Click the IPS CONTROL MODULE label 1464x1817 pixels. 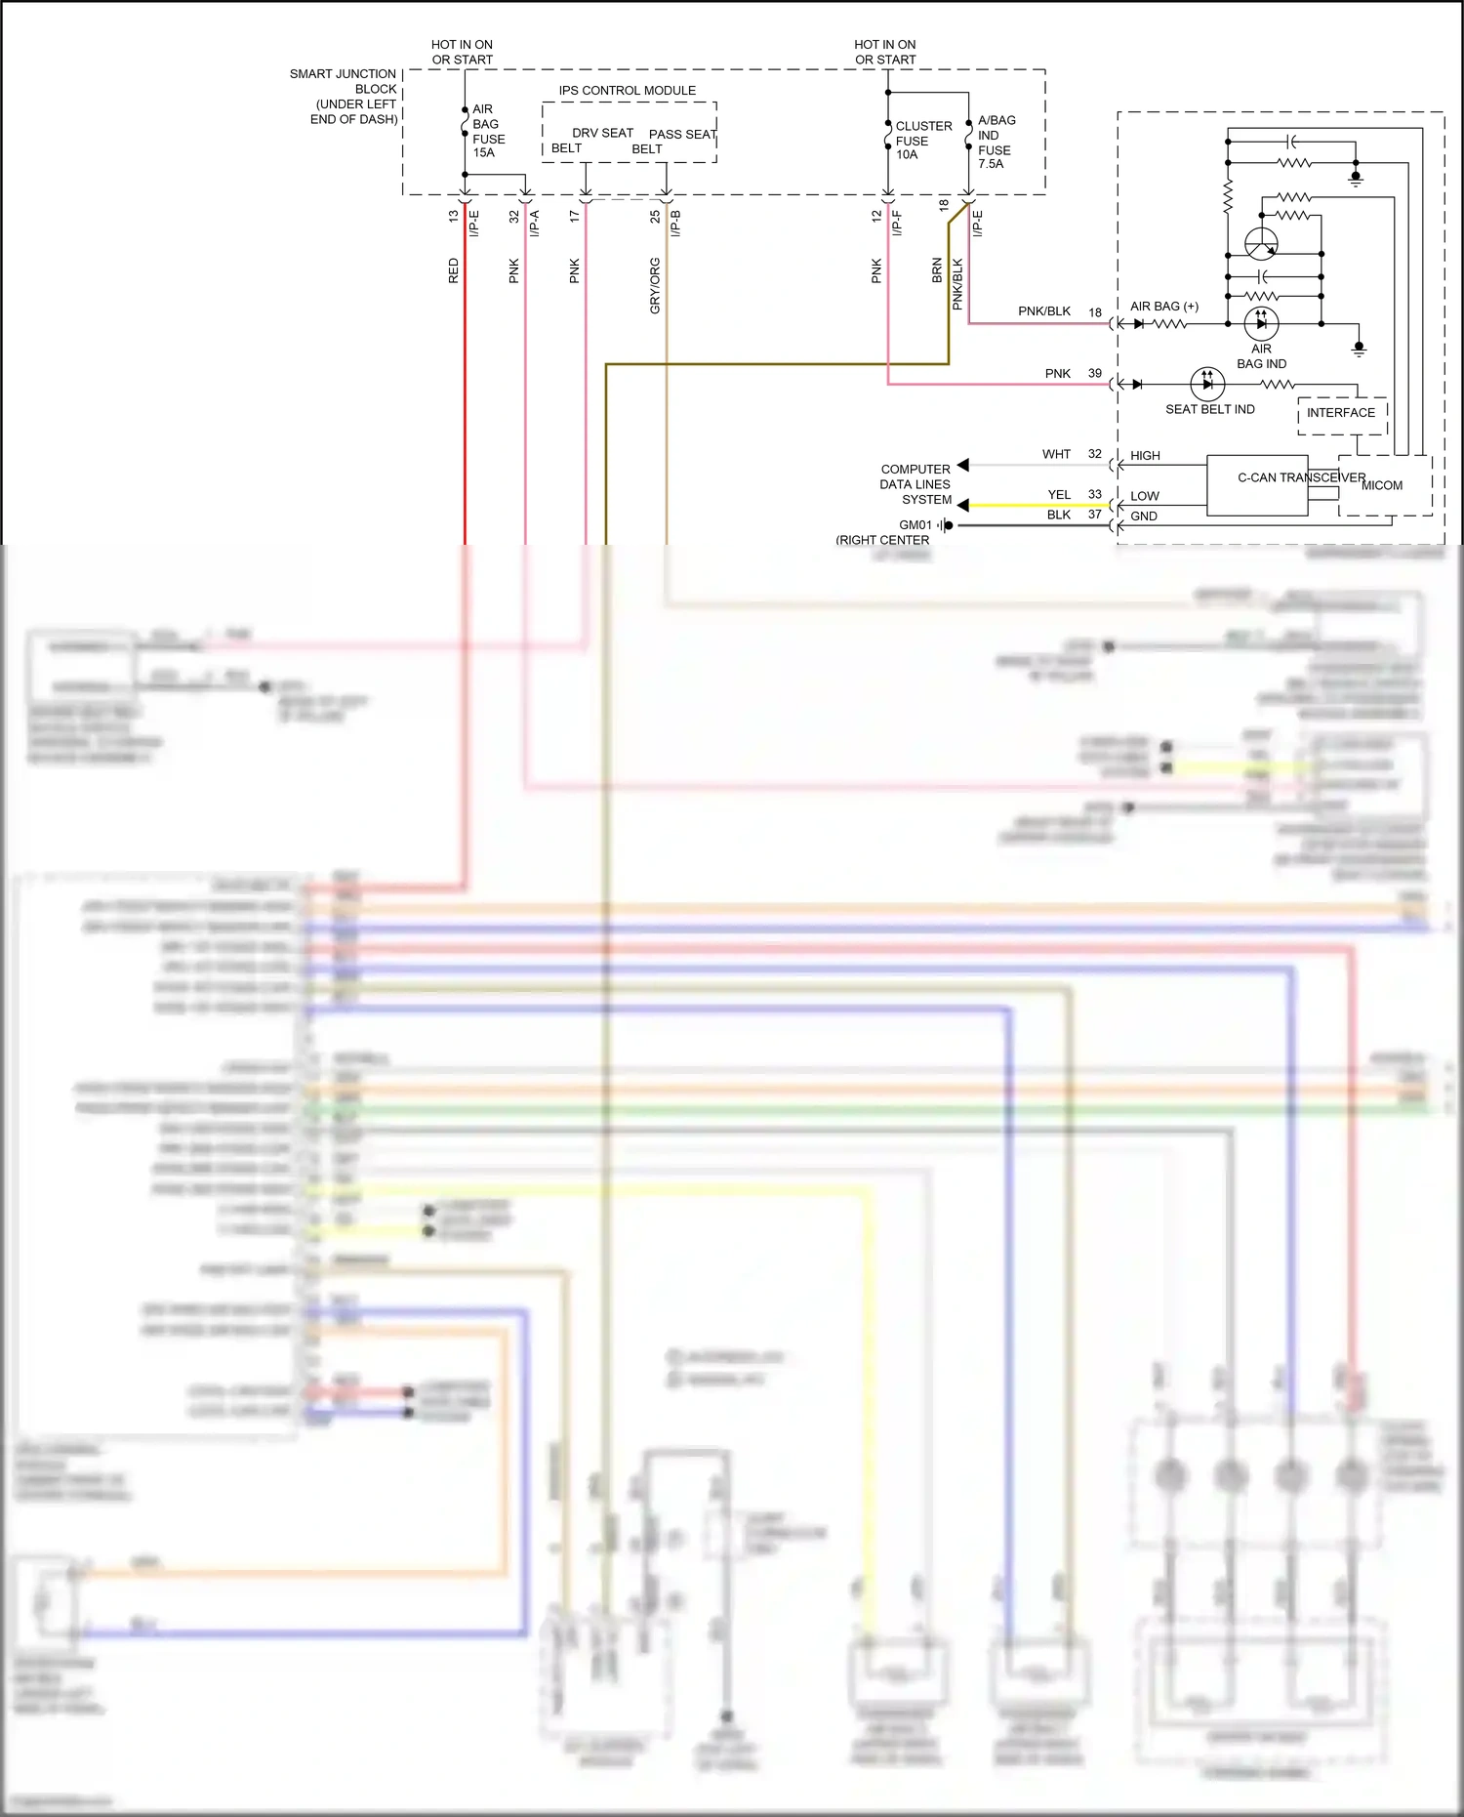point(627,91)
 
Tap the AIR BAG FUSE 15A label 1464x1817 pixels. point(488,131)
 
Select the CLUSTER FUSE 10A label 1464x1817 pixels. point(922,140)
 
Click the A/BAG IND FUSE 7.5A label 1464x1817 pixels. point(996,142)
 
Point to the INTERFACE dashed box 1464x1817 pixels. point(1341,414)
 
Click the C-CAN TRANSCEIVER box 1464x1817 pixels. point(1257,485)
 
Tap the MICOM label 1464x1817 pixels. point(1382,485)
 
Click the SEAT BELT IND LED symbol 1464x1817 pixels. point(1207,384)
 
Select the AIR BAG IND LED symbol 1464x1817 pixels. point(1261,323)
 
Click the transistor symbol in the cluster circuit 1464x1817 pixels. point(1261,243)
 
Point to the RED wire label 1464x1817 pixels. point(453,270)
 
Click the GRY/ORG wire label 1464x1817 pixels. point(655,285)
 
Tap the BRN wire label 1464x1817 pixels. point(937,270)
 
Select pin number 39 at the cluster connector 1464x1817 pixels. point(1094,374)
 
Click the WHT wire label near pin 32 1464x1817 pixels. point(1056,455)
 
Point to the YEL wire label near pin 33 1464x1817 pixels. point(1059,495)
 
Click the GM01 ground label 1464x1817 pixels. point(915,525)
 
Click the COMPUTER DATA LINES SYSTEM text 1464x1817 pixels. point(915,484)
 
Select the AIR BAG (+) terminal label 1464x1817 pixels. point(1163,307)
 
